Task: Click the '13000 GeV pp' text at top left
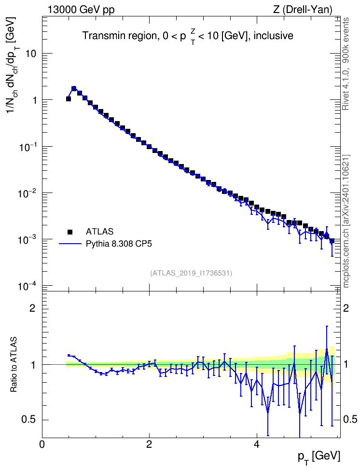click(x=81, y=10)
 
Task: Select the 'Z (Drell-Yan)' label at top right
click(x=303, y=10)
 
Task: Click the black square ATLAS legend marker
click(x=70, y=232)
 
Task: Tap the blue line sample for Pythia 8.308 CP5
click(x=70, y=244)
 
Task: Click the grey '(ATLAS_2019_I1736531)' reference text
click(x=191, y=273)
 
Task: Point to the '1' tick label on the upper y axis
click(x=34, y=100)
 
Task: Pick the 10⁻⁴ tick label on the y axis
click(x=28, y=286)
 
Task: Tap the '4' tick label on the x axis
click(x=256, y=444)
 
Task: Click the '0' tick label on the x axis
click(x=42, y=444)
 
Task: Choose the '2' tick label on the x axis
click(x=149, y=444)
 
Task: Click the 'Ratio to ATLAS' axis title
click(x=14, y=365)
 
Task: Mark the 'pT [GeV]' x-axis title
click(x=318, y=457)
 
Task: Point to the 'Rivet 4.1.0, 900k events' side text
click(x=346, y=64)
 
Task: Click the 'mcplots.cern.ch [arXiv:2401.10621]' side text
click(x=346, y=221)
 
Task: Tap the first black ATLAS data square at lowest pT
click(x=69, y=99)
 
